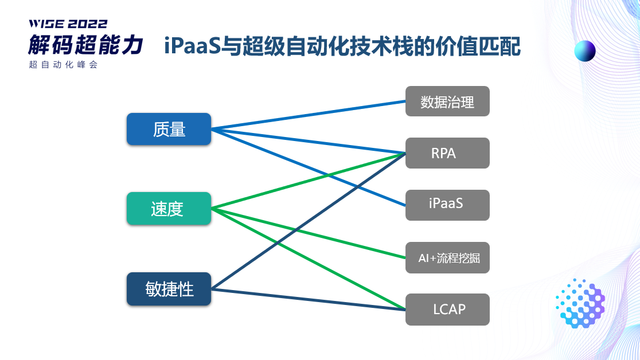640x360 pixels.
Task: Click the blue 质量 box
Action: [x=169, y=129]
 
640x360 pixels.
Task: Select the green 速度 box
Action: [x=169, y=209]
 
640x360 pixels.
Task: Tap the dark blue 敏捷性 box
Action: [x=169, y=289]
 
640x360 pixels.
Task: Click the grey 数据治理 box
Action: [x=447, y=101]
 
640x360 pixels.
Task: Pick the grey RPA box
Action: [x=447, y=153]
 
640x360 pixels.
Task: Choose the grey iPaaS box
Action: [x=447, y=205]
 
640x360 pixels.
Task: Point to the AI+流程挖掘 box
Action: [x=447, y=257]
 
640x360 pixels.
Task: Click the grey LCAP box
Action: [x=447, y=310]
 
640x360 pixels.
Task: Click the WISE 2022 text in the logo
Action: [x=68, y=24]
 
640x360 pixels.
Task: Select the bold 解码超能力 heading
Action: [x=86, y=45]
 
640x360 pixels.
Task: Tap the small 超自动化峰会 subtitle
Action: [x=64, y=65]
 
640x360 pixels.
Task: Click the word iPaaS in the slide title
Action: [x=193, y=46]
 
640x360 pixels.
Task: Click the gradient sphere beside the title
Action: [x=585, y=51]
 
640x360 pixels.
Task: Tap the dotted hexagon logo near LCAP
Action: [x=580, y=303]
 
